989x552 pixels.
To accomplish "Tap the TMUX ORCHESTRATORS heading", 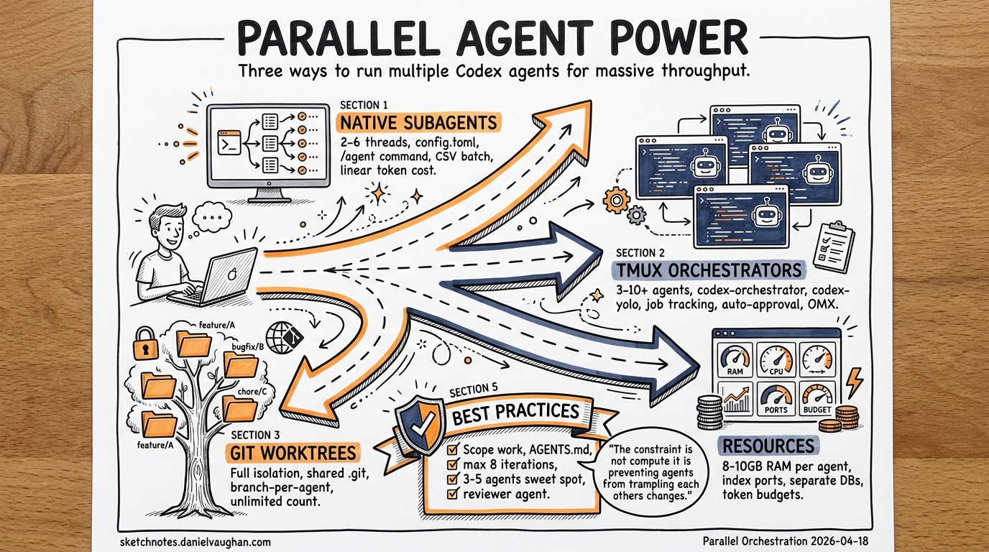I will (x=708, y=270).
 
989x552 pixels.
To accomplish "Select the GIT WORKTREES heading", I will (x=294, y=452).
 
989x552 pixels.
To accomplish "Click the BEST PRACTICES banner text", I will (x=517, y=413).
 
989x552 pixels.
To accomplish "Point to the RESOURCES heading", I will (x=768, y=446).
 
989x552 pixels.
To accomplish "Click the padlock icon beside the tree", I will (x=145, y=345).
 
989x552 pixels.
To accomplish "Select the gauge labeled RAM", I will (x=735, y=359).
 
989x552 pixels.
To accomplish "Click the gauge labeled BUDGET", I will (x=818, y=398).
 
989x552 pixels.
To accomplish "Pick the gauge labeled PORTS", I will (x=776, y=398).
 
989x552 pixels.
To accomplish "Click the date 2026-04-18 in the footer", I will (x=837, y=539).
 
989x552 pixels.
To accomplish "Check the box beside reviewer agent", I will (x=453, y=494).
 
